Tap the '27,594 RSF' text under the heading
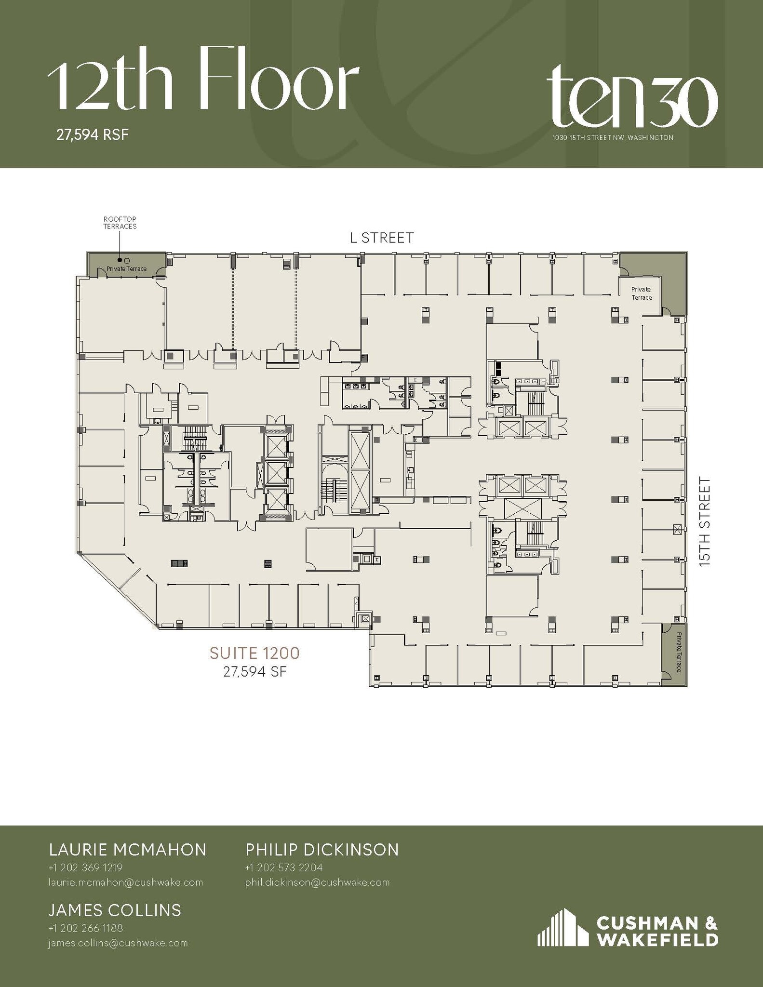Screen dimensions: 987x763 [93, 134]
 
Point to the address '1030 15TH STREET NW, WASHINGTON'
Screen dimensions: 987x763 [613, 138]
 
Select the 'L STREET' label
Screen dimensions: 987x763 [381, 238]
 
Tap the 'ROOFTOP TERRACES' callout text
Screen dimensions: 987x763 [120, 223]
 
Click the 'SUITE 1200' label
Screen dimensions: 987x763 [254, 654]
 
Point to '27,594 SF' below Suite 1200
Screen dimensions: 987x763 [254, 671]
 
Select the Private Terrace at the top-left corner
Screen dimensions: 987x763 [127, 268]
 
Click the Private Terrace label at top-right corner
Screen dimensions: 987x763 [642, 293]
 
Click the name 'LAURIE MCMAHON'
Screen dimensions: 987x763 [128, 850]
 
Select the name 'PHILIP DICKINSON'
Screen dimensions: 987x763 [322, 850]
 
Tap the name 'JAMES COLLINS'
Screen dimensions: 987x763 [115, 910]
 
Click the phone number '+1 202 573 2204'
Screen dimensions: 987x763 [283, 868]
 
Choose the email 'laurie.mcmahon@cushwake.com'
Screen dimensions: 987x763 [125, 882]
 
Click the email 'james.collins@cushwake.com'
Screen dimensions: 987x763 [118, 943]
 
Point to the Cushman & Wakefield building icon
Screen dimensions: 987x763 [562, 927]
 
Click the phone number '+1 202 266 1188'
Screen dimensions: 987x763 [86, 928]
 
